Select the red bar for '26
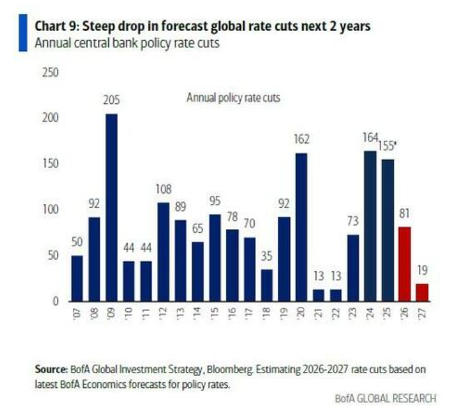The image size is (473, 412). point(405,264)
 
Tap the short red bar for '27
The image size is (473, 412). point(422,292)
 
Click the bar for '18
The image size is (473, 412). point(267,285)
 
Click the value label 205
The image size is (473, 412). point(111,101)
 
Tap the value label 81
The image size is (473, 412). point(405,214)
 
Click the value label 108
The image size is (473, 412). point(163,190)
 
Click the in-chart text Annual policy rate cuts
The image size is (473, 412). point(233,97)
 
